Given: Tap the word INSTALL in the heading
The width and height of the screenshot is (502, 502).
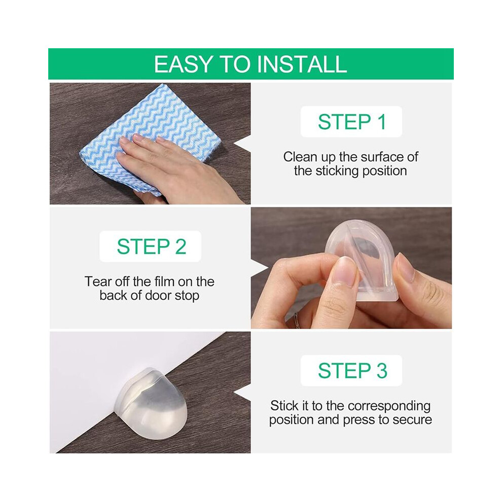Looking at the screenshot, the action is [x=302, y=64].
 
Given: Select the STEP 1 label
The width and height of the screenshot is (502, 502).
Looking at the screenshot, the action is [x=351, y=122].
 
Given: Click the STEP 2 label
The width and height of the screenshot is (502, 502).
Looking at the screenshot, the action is [x=151, y=246].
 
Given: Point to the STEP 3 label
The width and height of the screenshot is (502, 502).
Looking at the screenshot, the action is [x=352, y=371].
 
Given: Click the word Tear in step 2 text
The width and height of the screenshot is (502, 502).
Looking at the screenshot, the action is [x=95, y=282].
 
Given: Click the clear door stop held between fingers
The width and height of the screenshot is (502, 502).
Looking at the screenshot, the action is [x=362, y=259].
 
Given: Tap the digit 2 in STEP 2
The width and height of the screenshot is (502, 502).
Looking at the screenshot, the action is [x=181, y=246].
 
